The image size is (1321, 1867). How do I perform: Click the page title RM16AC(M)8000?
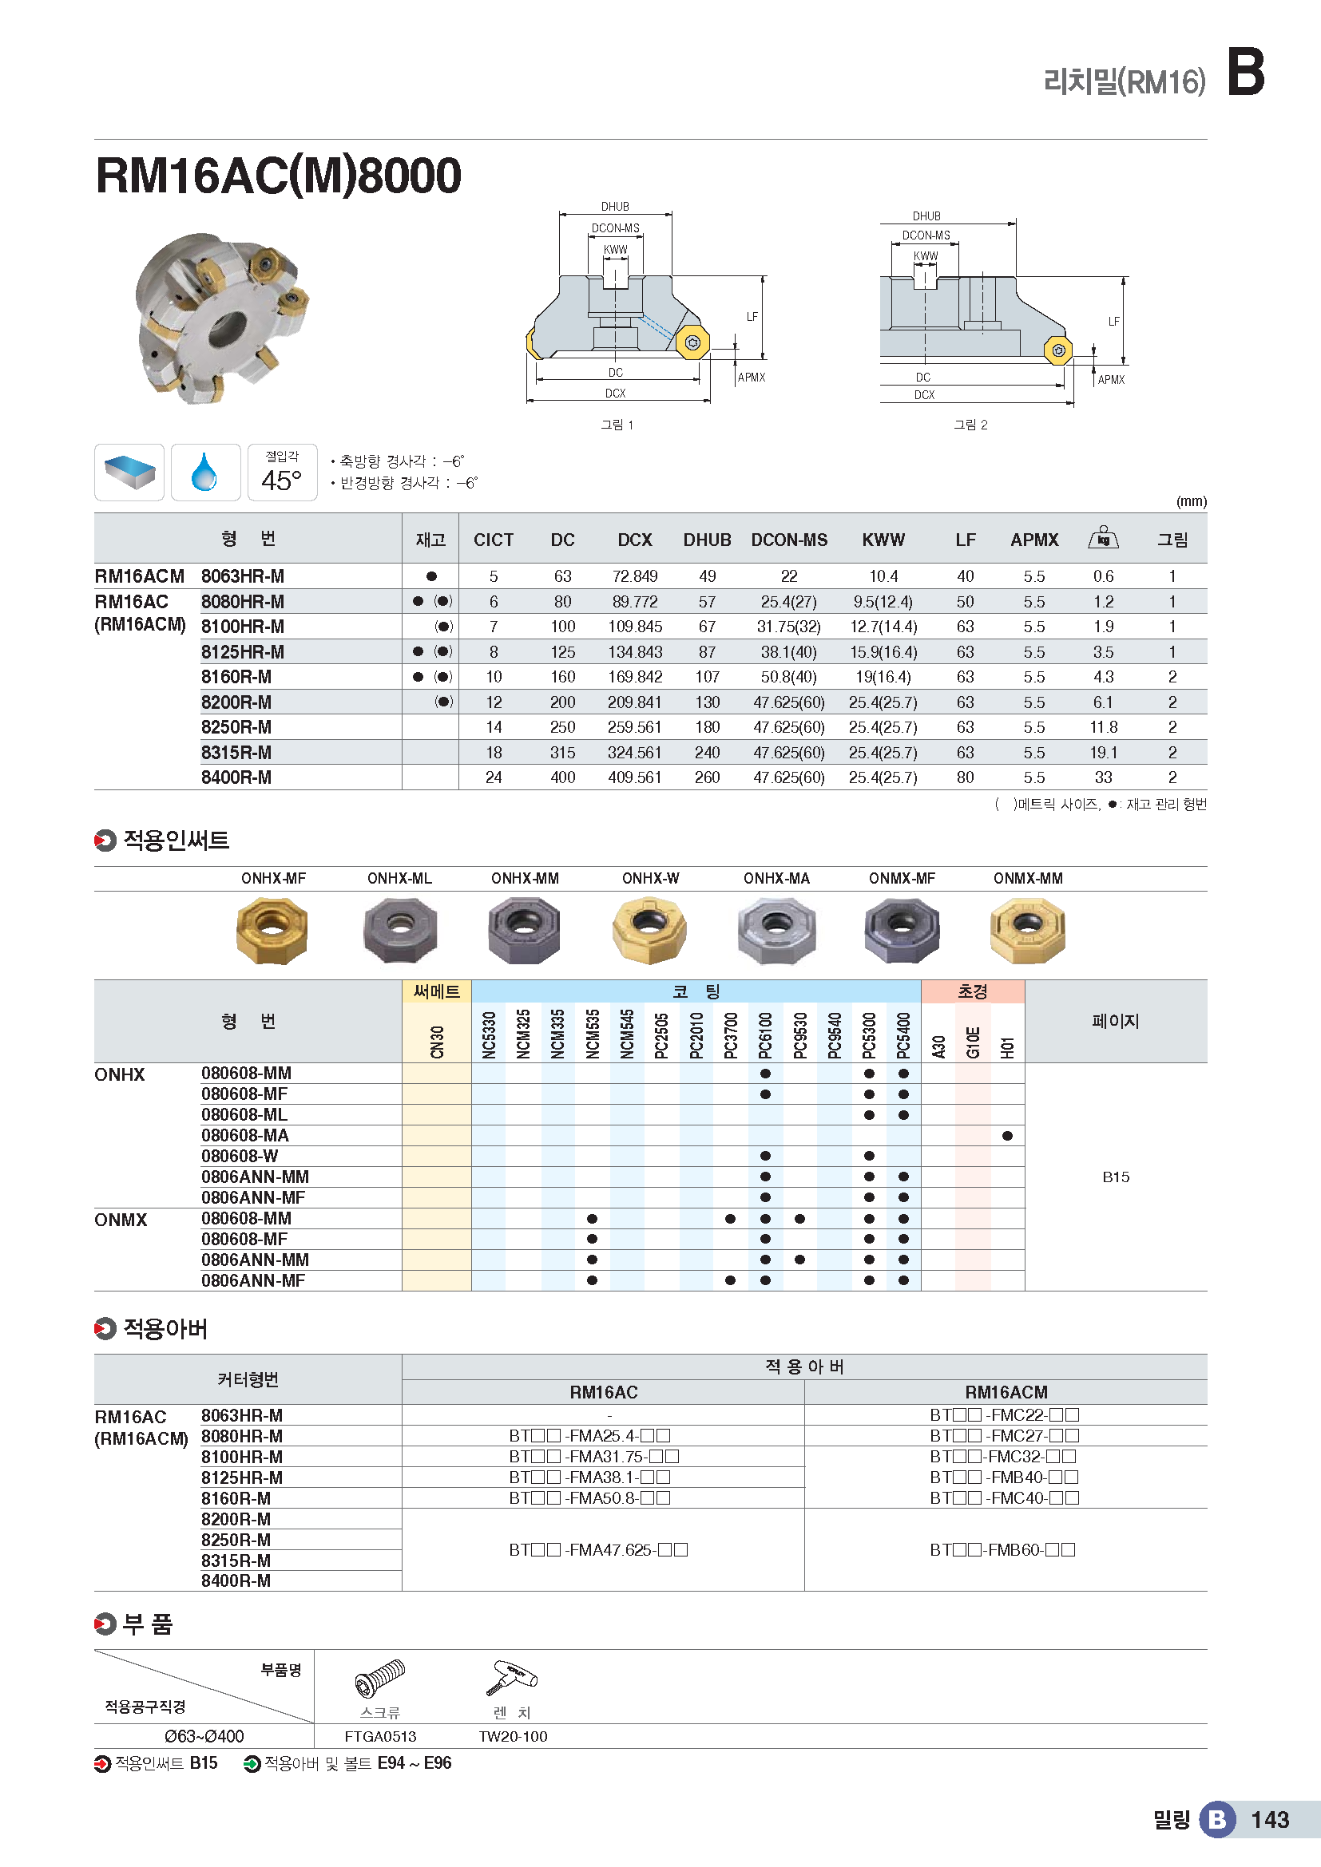point(278,176)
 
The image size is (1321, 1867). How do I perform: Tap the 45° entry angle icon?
point(281,473)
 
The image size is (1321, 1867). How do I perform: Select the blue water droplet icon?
point(205,473)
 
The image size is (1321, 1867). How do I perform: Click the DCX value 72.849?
point(634,576)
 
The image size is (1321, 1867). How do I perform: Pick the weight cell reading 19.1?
point(1103,753)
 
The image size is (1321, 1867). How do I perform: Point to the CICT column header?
point(493,540)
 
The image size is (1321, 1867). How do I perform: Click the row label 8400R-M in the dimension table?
point(236,778)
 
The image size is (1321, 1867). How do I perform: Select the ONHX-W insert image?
point(649,930)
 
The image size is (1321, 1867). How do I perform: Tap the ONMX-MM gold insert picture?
point(1027,930)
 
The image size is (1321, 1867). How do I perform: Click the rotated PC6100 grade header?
point(765,1035)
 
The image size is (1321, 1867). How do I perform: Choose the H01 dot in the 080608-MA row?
point(1007,1136)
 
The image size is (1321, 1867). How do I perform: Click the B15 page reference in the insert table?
point(1115,1177)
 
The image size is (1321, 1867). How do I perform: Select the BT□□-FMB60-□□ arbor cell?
point(1002,1550)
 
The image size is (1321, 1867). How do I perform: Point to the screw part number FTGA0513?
point(380,1737)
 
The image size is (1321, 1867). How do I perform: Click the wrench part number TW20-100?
point(513,1737)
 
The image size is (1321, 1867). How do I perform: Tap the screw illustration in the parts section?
point(380,1679)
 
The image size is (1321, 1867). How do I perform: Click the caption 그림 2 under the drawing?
point(970,425)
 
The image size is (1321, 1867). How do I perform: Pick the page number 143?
point(1270,1820)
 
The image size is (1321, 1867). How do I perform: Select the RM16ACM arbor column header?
point(1006,1392)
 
